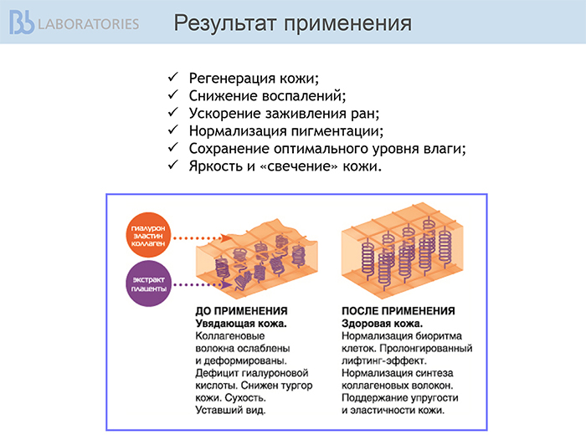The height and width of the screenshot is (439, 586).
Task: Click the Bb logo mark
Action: (22, 23)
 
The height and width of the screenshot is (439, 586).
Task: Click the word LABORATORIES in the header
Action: (89, 24)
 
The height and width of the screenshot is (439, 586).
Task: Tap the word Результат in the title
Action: (226, 23)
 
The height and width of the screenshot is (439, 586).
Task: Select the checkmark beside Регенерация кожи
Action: (173, 77)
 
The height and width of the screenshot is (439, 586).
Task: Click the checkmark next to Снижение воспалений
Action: (173, 94)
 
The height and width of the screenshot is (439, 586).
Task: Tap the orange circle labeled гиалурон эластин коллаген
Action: (148, 235)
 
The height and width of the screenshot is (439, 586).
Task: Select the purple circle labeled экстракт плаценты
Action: (148, 283)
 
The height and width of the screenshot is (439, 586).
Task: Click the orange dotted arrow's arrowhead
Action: (225, 237)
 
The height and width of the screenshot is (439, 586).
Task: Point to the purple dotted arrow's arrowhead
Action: (225, 285)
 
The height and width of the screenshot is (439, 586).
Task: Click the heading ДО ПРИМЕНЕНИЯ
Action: (241, 311)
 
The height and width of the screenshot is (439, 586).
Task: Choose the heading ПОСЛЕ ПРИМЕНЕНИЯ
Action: (398, 311)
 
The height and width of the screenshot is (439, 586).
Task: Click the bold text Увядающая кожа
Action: (241, 324)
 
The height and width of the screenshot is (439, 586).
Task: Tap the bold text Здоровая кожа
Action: (382, 324)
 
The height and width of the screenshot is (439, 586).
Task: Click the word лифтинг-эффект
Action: (384, 360)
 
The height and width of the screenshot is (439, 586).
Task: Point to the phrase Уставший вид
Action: (230, 411)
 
